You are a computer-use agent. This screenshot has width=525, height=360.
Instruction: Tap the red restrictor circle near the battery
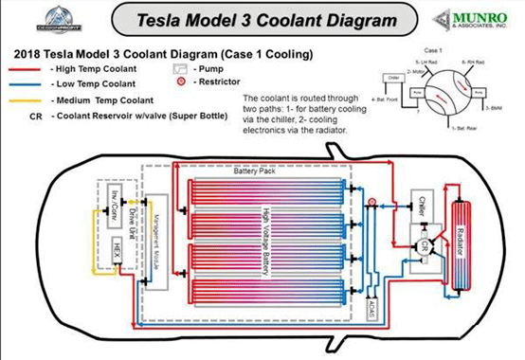point(372,202)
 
